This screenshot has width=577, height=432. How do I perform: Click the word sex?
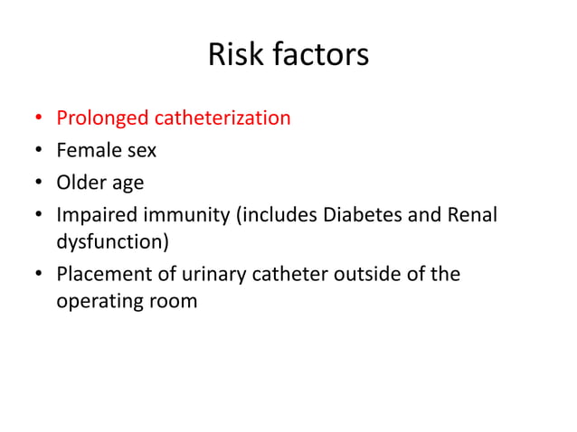138,151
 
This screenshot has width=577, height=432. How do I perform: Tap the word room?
172,301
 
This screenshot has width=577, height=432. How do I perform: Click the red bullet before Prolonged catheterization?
38,119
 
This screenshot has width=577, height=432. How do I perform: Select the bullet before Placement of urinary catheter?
38,274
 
